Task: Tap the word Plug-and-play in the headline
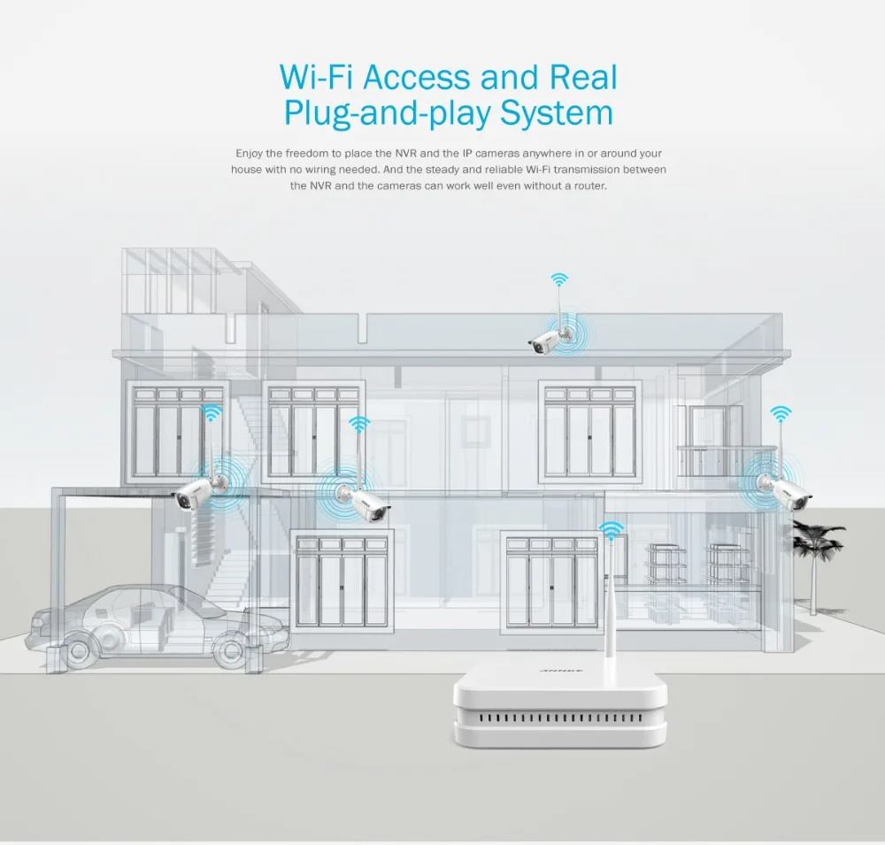tap(388, 115)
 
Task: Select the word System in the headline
tap(556, 114)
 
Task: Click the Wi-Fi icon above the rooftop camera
tap(559, 280)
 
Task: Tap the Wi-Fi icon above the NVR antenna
tap(611, 531)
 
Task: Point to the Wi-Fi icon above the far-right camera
tap(780, 413)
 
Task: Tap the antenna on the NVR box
tap(610, 611)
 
